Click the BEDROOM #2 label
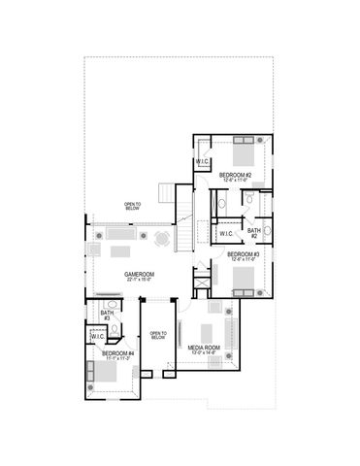click(236, 176)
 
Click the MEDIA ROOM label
click(203, 349)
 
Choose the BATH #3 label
click(106, 315)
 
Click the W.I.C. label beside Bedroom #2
click(203, 161)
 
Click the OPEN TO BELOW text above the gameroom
click(133, 206)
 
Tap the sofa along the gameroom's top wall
click(119, 234)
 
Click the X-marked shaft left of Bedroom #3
click(200, 286)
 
